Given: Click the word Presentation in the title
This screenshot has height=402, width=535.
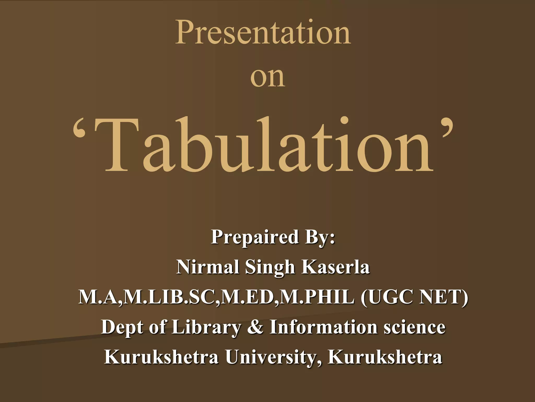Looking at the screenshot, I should coord(263,33).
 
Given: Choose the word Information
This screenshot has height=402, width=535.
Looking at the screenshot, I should coord(323,327).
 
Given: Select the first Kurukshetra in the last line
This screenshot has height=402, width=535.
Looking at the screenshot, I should coord(161,357).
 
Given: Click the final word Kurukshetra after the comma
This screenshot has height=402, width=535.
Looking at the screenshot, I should coord(385,357).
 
